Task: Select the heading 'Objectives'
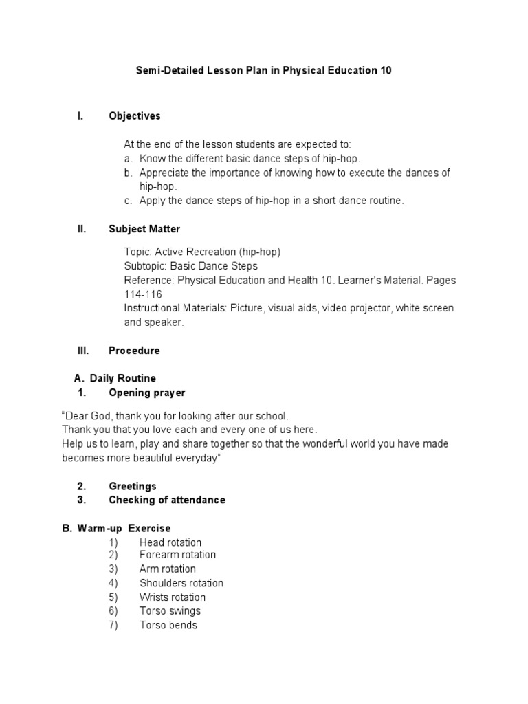tap(134, 116)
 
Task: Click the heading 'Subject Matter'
tap(144, 229)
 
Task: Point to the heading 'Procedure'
tap(134, 351)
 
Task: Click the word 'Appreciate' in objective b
tap(164, 173)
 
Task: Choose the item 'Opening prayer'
tap(146, 393)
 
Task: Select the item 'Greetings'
tap(133, 486)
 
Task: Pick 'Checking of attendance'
tap(167, 500)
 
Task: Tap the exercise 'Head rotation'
tap(170, 542)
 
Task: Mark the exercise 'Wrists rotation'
tap(173, 597)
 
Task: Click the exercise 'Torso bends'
tap(168, 625)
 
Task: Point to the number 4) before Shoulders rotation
tap(113, 583)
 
